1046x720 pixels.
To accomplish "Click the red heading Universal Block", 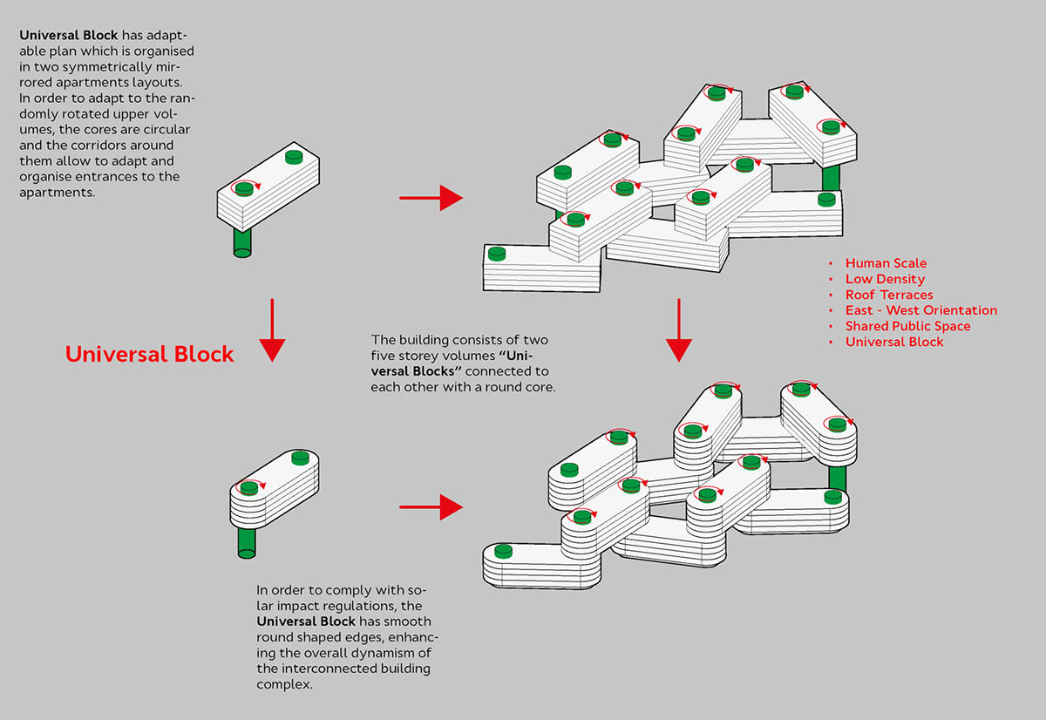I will [x=150, y=354].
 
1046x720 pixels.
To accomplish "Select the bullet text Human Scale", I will [x=886, y=263].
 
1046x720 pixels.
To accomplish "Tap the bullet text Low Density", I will [x=885, y=279].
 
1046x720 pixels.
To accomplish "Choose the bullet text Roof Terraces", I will [x=889, y=295].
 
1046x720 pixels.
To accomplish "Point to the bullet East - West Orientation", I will [x=920, y=310].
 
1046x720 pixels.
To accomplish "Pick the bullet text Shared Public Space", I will [x=907, y=326].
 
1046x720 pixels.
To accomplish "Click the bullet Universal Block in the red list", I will [x=894, y=342].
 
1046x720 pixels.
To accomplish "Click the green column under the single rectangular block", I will [x=242, y=242].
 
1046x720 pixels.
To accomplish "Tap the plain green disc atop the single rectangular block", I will [x=294, y=157].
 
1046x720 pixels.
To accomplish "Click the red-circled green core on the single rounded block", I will [x=249, y=487].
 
